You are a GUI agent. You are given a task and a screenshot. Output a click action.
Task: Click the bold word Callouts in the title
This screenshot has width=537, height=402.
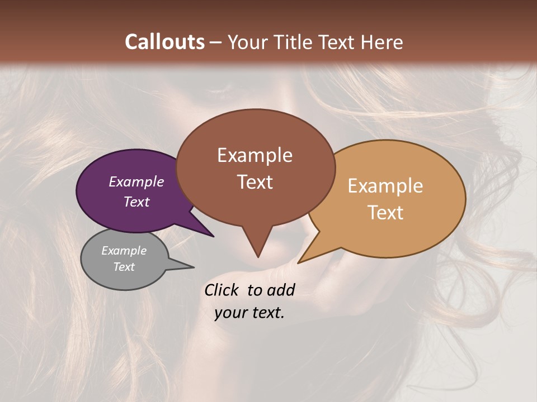164,42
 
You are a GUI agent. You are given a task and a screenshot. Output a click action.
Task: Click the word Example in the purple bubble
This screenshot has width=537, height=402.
136,181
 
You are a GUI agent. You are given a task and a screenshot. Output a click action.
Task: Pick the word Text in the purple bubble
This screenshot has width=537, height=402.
136,202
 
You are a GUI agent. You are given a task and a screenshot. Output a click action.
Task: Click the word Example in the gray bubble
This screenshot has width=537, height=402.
124,251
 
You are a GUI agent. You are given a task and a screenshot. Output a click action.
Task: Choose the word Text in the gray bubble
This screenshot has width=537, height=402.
124,267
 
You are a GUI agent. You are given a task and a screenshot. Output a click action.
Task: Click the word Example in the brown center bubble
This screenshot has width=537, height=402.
255,155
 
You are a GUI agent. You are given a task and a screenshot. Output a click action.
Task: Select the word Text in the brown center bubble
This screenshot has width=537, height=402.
255,182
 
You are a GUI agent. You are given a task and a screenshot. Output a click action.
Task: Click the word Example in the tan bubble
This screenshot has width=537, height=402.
385,186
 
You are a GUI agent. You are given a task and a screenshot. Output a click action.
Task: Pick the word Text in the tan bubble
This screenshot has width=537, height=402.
385,213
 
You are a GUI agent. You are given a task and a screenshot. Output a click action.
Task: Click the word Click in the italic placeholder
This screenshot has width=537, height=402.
222,290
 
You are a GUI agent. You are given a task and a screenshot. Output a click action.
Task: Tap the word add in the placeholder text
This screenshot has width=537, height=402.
281,290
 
